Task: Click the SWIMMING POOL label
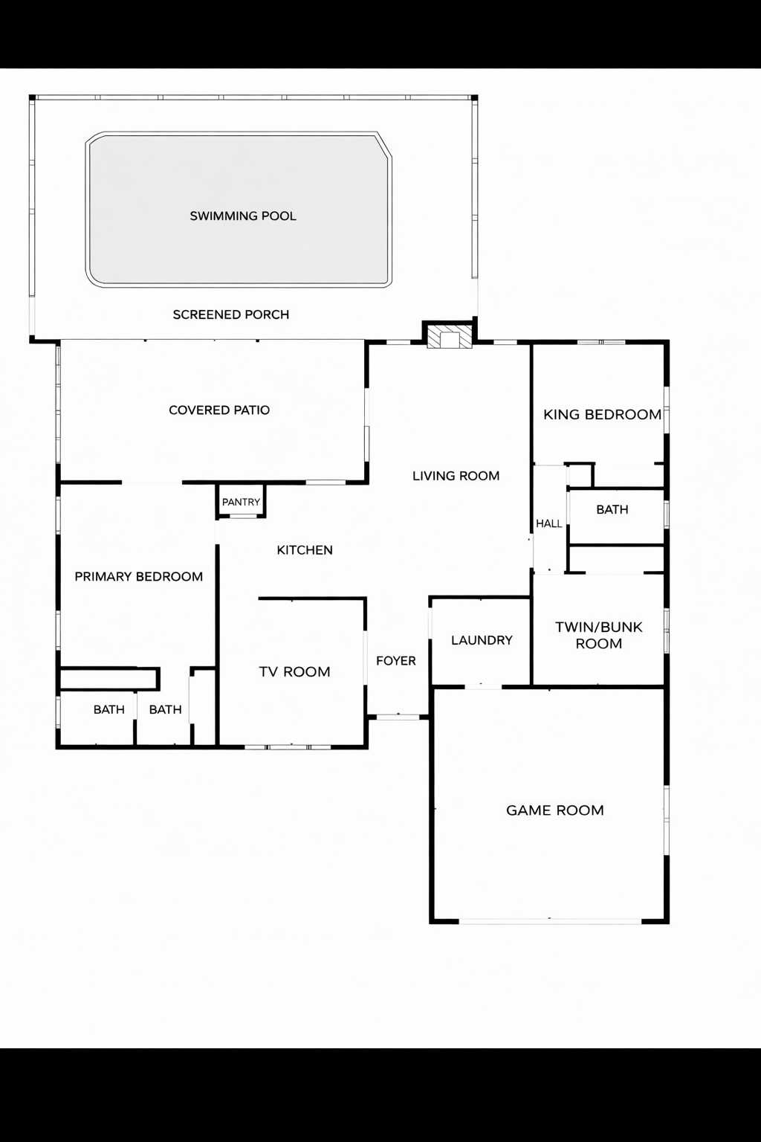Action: pos(242,216)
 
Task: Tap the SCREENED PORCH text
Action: pos(231,314)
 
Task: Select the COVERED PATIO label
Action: pos(219,410)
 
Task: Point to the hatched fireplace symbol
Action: pos(449,337)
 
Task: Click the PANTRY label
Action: pos(241,502)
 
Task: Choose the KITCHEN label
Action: pos(304,549)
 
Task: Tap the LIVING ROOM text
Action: pos(456,476)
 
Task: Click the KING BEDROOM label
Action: pos(602,414)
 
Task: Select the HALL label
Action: pos(548,523)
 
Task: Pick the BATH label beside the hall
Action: pos(612,509)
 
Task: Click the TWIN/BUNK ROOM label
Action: pos(598,635)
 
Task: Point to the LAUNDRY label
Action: pos(482,640)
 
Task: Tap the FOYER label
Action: pos(395,661)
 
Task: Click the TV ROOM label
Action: pos(294,672)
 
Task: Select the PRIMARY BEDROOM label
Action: pos(139,577)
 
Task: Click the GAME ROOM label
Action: pos(554,810)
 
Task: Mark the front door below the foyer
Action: pos(398,717)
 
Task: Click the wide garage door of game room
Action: pos(550,921)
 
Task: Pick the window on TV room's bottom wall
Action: pos(288,747)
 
